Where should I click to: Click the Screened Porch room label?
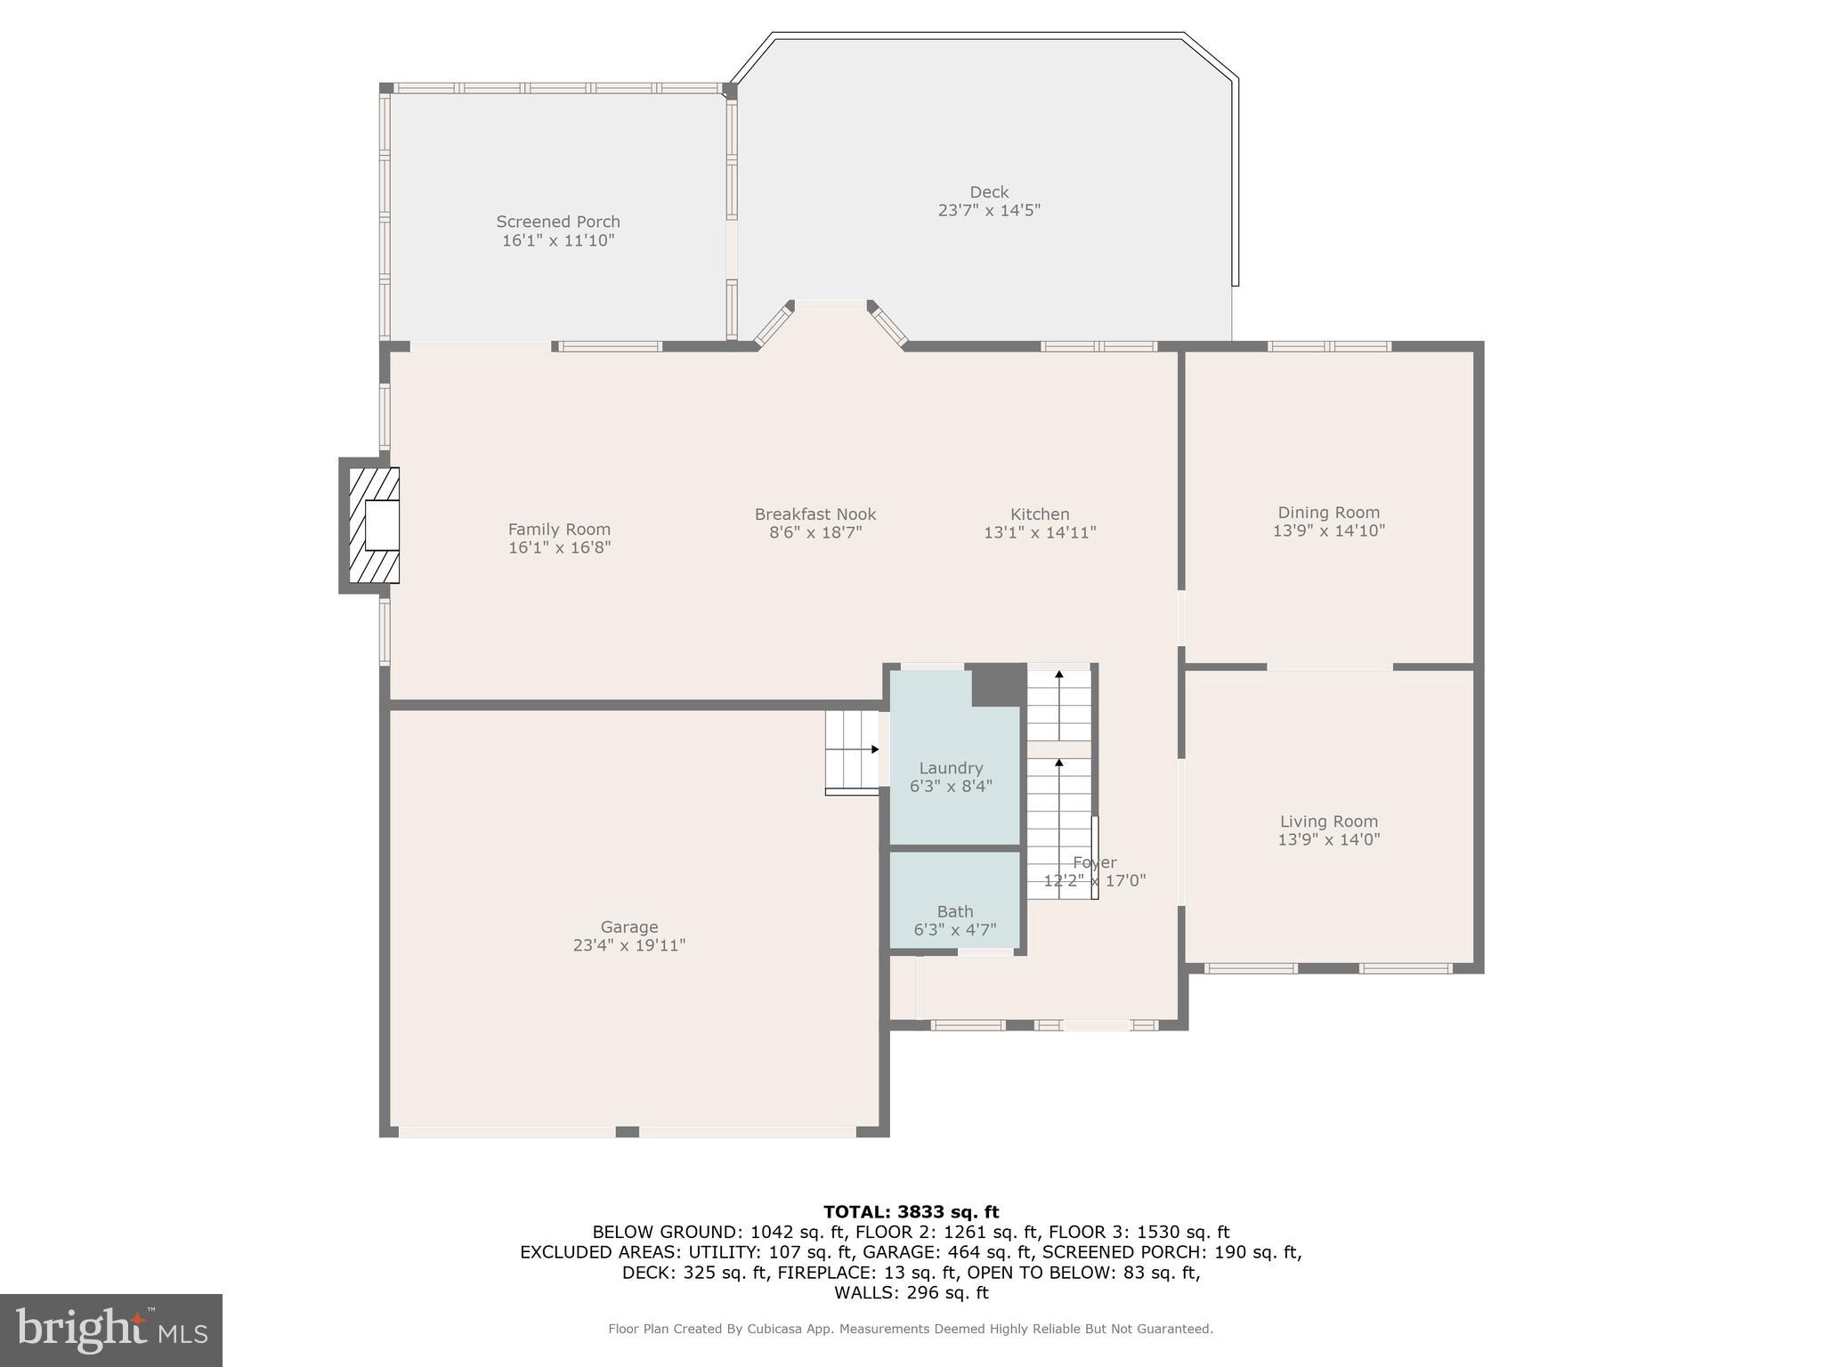[x=558, y=222]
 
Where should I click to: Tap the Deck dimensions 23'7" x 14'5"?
[x=989, y=211]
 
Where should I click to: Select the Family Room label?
[x=559, y=530]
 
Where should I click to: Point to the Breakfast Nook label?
[x=815, y=514]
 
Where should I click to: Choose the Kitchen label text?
[x=1040, y=514]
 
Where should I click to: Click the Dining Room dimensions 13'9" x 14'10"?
[x=1329, y=531]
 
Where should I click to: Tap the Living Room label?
[x=1329, y=821]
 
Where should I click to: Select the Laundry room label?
[x=951, y=768]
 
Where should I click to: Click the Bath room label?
[x=955, y=911]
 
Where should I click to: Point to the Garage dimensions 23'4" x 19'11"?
[x=629, y=946]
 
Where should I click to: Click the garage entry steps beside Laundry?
[x=852, y=750]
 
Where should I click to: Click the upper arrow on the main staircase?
[x=1059, y=676]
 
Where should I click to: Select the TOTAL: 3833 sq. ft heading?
[x=911, y=1212]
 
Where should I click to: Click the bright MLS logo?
[x=111, y=1330]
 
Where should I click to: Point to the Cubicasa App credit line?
[x=911, y=1329]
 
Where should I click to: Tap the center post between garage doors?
[x=627, y=1132]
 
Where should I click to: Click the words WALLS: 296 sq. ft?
[x=911, y=1292]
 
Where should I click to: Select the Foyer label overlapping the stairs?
[x=1094, y=862]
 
